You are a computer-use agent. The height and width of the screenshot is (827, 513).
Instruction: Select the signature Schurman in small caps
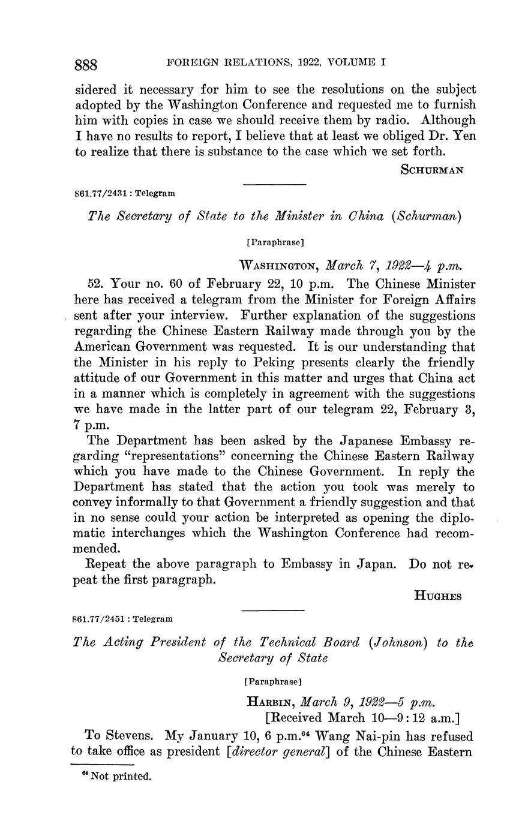click(x=431, y=170)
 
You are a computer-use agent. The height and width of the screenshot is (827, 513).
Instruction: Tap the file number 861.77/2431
click(x=100, y=194)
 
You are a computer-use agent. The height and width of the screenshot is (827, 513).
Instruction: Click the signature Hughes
click(x=437, y=596)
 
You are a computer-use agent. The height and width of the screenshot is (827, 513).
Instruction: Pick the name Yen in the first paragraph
click(x=466, y=136)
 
